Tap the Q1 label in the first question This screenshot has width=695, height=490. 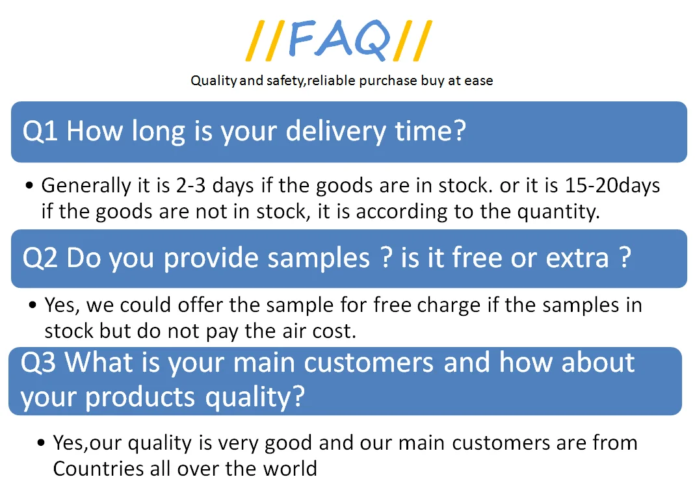point(40,131)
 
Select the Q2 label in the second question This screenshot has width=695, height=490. point(40,258)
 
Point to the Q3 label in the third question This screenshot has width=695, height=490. point(38,363)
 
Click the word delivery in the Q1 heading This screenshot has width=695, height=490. point(336,132)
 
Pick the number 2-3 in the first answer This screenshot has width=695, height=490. point(190,185)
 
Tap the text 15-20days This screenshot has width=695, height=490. point(612,186)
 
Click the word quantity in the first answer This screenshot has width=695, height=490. point(558,212)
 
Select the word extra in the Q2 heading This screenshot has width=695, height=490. point(577,258)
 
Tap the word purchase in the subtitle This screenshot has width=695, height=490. point(388,81)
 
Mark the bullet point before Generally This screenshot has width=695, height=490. point(29,186)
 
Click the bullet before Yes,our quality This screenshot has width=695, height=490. point(41,443)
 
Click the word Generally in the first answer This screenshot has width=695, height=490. point(86,186)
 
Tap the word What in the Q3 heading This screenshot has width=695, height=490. point(99,363)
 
